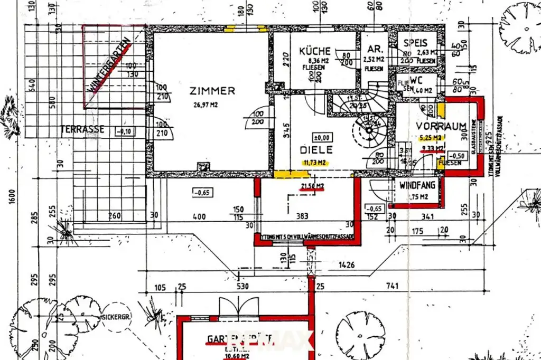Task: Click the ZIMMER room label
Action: click(212, 91)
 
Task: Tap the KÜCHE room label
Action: click(315, 51)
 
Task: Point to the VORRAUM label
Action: click(441, 126)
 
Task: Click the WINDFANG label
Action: click(417, 185)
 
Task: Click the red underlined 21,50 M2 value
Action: click(312, 187)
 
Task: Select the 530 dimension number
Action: click(242, 287)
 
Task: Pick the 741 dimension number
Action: click(391, 287)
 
